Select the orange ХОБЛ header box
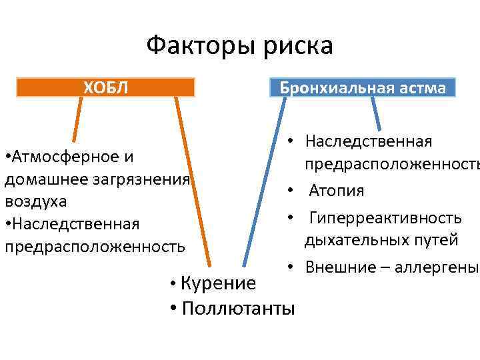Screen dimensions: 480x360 tap(105, 87)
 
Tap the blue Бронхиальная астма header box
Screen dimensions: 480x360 tap(363, 88)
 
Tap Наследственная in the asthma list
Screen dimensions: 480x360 tap(369, 141)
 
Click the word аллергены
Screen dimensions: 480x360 tap(437, 267)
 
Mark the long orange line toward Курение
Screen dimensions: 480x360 tap(193, 180)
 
